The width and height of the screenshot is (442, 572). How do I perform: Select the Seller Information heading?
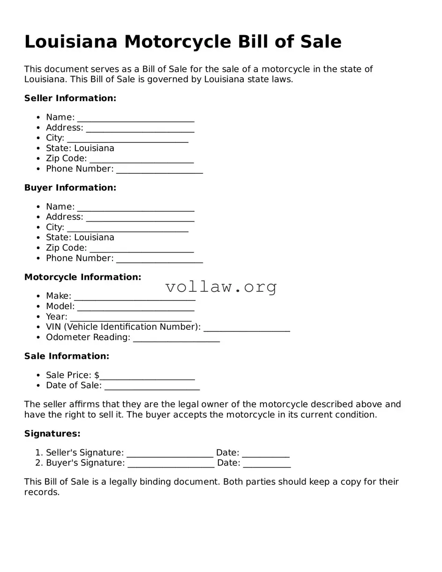point(70,98)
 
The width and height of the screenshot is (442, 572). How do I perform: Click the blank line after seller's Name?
point(135,118)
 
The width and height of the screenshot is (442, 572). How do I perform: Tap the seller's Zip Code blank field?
point(142,159)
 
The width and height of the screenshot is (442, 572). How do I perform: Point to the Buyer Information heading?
point(70,188)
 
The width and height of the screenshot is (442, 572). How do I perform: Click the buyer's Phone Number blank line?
point(159,259)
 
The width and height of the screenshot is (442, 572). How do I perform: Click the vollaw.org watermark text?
point(221,287)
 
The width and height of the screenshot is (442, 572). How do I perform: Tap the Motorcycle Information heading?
point(82,277)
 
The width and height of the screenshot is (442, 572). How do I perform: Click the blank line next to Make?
point(135,297)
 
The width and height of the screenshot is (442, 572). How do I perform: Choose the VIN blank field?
point(247,327)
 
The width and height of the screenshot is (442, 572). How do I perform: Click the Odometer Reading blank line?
point(176,338)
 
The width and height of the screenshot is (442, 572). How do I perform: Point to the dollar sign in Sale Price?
point(97,375)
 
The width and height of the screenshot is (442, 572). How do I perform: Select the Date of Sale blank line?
point(152,386)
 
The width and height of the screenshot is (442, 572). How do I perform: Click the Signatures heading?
point(52,434)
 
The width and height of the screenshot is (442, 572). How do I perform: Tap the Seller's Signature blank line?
point(170,453)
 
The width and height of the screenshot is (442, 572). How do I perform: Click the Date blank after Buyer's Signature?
point(267,464)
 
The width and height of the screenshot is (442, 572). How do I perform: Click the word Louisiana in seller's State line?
point(94,149)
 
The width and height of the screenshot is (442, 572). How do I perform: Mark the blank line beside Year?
point(131,317)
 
